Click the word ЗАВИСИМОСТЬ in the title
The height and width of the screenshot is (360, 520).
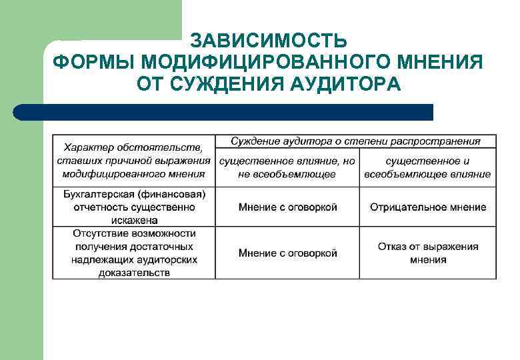pos(268,41)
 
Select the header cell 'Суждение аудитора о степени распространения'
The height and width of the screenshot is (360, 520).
pos(355,141)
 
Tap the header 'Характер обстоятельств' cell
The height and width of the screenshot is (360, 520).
pos(134,160)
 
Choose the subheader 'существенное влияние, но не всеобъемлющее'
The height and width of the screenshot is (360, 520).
pos(287,167)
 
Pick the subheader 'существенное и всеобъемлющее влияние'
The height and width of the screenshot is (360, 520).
pos(428,167)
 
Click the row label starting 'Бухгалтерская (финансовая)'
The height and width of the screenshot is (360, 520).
pos(134,207)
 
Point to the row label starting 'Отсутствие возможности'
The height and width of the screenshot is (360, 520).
pos(134,253)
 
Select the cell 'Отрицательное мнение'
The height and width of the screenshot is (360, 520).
pos(428,207)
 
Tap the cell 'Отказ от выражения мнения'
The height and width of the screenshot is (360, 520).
pos(428,253)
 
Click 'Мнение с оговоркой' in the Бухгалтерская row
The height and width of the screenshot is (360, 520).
pos(287,207)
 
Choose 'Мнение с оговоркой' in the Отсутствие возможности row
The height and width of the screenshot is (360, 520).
pos(287,253)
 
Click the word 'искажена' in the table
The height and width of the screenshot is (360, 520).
pos(134,219)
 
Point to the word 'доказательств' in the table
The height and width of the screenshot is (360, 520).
pos(134,272)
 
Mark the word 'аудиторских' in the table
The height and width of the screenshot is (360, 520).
pos(167,259)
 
